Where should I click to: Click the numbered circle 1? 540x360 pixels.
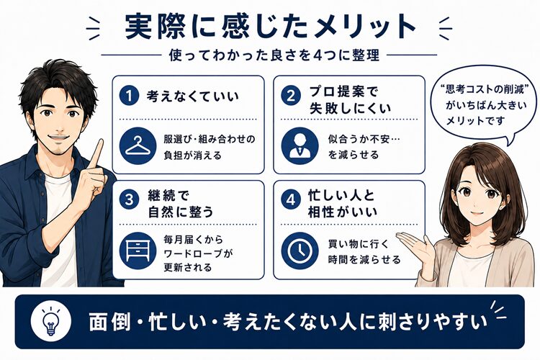point(129,96)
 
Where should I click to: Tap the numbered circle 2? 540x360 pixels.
point(291,96)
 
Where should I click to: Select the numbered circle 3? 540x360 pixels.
point(129,199)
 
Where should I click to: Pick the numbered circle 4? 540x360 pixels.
point(291,199)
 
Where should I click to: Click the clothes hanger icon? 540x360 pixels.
point(138,146)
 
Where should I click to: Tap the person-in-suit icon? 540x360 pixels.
point(300,146)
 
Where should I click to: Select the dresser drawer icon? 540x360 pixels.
point(138,251)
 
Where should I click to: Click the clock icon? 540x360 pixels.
point(300,251)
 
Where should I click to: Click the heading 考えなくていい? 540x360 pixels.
point(192,96)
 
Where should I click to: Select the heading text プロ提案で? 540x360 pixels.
point(343,92)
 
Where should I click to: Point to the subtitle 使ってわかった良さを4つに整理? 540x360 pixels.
point(274,55)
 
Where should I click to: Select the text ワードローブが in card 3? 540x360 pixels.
point(199,254)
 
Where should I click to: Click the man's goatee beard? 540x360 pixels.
point(59,149)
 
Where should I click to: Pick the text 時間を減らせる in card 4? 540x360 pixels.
point(364,259)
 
